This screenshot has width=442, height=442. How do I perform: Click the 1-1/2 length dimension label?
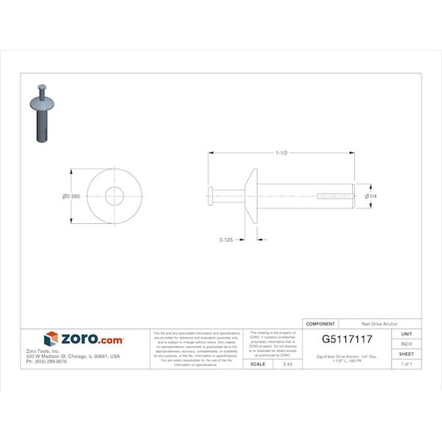[x=282, y=153]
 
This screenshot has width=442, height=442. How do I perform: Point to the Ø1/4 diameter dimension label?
[x=370, y=196]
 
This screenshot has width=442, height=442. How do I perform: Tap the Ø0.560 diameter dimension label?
[x=72, y=196]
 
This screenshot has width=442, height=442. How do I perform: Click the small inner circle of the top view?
[x=115, y=196]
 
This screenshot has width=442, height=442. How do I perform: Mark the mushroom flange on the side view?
[x=253, y=196]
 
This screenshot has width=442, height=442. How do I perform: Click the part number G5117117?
[x=347, y=339]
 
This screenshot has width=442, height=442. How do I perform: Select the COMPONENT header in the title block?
[x=321, y=324]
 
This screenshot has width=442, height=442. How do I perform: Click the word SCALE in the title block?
[x=257, y=363]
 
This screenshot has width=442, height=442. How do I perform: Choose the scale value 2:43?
[x=287, y=363]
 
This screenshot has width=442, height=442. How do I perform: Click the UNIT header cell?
[x=407, y=333]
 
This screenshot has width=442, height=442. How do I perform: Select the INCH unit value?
[x=407, y=343]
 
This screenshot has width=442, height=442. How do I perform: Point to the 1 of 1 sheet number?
[x=407, y=363]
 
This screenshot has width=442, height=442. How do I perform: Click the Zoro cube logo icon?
[x=51, y=339]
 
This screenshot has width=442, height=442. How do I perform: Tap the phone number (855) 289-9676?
[x=46, y=361]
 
